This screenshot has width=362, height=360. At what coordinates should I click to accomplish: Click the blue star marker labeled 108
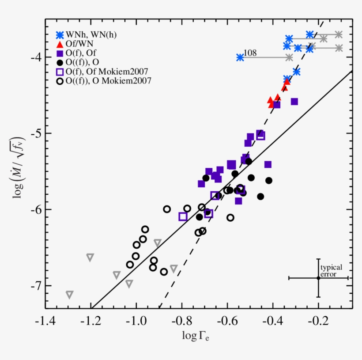tap(240, 57)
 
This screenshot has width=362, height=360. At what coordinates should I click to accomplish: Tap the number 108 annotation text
tap(250, 53)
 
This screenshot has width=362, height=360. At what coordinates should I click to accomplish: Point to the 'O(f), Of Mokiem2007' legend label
tap(106, 72)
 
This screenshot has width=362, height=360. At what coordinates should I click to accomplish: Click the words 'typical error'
tap(331, 271)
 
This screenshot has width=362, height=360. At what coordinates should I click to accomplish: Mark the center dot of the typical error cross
tap(318, 278)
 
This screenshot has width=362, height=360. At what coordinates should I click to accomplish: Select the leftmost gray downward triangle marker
tap(69, 295)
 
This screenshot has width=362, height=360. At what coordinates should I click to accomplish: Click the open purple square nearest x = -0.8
tap(183, 216)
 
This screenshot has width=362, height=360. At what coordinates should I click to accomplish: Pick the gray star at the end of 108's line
tap(289, 57)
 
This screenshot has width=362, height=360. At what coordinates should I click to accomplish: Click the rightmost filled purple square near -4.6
tap(294, 102)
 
